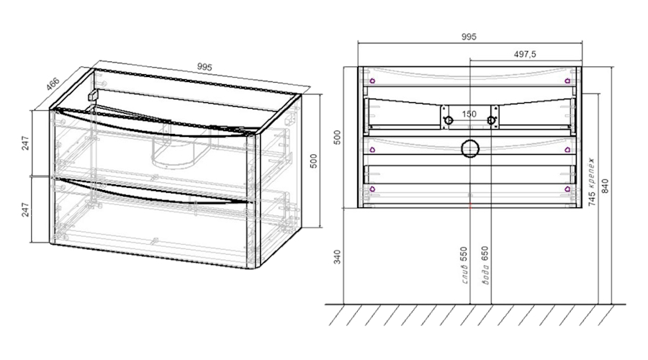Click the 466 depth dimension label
click(x=53, y=84)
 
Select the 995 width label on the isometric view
click(x=204, y=66)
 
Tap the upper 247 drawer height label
click(x=26, y=143)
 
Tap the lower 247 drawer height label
click(x=26, y=210)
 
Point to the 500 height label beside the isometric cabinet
click(x=314, y=161)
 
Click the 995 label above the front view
click(x=469, y=37)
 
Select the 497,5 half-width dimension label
click(x=525, y=54)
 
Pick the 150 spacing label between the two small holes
click(x=469, y=114)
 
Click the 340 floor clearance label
click(x=338, y=257)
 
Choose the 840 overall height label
click(x=605, y=186)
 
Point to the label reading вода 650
click(x=485, y=266)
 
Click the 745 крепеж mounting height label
click(x=592, y=182)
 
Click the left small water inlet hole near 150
click(x=449, y=120)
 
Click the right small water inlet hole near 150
click(x=491, y=120)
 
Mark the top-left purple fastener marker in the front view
click(x=372, y=81)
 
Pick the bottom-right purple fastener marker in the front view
click(x=567, y=189)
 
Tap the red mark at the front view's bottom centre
click(x=470, y=205)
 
